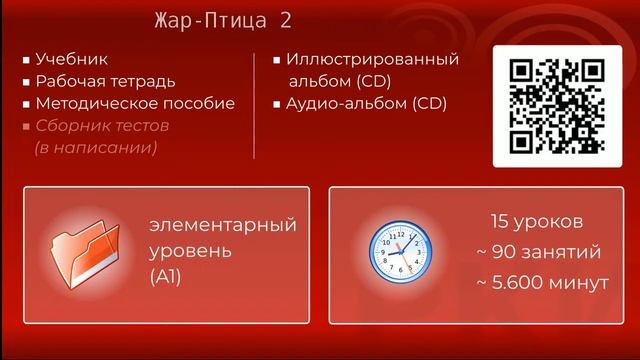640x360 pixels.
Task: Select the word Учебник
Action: point(72,59)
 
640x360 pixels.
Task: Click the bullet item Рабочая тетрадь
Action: point(105,81)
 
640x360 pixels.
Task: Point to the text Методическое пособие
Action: point(135,103)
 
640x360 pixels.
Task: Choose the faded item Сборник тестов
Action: point(102,126)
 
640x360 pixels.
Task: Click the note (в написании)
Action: point(96,147)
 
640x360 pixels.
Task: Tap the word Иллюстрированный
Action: point(372,59)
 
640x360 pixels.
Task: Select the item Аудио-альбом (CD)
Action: point(366,103)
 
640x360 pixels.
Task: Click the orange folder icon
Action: point(85,254)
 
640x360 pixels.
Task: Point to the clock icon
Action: point(399,253)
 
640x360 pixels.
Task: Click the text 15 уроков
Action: point(536,221)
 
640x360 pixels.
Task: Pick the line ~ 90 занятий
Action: point(539,251)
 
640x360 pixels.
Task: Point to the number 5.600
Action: point(520,283)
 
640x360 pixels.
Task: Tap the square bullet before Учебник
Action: point(26,60)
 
